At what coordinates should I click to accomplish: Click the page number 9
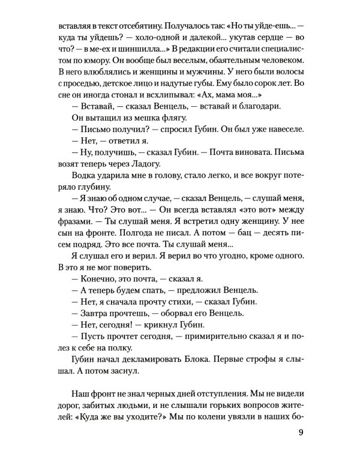click(299, 432)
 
